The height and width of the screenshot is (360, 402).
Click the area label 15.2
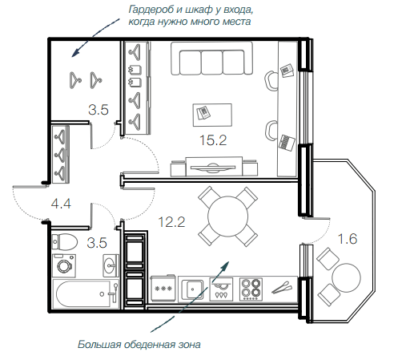click(213, 140)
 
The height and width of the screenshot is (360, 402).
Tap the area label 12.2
click(171, 222)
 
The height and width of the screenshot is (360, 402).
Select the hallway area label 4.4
click(61, 204)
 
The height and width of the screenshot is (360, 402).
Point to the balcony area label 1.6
click(348, 239)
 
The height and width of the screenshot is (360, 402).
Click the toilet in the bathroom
click(64, 241)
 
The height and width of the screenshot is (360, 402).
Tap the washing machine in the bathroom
click(64, 265)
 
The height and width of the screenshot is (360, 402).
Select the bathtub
click(86, 294)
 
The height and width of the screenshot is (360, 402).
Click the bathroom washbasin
click(111, 265)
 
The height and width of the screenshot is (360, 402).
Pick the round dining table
click(227, 216)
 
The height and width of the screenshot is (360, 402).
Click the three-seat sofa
click(211, 59)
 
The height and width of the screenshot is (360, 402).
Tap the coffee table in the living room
click(212, 115)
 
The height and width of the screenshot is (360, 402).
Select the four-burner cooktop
click(251, 289)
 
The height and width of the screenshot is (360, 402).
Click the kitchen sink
click(192, 289)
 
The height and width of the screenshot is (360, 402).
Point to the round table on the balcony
click(346, 277)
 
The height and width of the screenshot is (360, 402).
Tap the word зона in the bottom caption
click(189, 344)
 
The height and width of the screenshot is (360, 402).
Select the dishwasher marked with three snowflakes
click(163, 289)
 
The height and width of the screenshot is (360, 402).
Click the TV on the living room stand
click(213, 167)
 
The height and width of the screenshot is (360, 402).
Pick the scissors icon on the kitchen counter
click(282, 287)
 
